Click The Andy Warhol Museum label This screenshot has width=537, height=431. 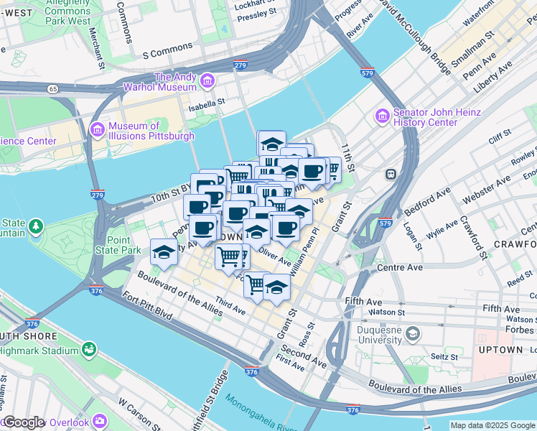pos(175,82)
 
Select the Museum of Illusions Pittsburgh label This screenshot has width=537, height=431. pos(151,131)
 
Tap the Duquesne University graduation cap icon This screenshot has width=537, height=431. pos(413,333)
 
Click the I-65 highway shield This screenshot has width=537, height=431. pos(53,89)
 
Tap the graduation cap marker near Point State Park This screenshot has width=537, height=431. pos(164,254)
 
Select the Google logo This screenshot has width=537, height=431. pos(24,422)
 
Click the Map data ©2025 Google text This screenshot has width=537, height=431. pos(492,425)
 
